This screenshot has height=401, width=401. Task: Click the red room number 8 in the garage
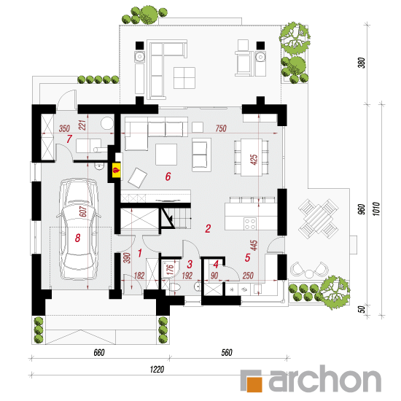[78, 238]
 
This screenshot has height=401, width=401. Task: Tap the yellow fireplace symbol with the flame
[117, 170]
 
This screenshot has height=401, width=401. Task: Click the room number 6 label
[168, 176]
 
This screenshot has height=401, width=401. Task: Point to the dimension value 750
[221, 128]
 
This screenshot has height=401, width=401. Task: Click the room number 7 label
[69, 139]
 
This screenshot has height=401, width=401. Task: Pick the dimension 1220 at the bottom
[157, 370]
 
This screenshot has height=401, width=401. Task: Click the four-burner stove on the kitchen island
[250, 224]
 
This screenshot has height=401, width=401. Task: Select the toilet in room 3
[175, 287]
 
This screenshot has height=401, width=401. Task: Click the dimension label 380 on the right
[362, 63]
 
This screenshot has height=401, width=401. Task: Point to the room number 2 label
[208, 229]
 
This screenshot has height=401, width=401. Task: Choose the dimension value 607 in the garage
[83, 211]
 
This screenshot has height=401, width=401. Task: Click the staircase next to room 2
[176, 218]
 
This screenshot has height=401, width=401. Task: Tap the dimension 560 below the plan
[227, 353]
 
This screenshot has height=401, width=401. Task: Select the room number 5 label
[247, 258]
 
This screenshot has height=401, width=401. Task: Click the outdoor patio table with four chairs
[319, 219]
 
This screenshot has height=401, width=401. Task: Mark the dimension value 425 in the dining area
[254, 160]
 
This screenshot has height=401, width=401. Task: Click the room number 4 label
[216, 265]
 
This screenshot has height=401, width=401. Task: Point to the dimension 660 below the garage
[99, 353]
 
